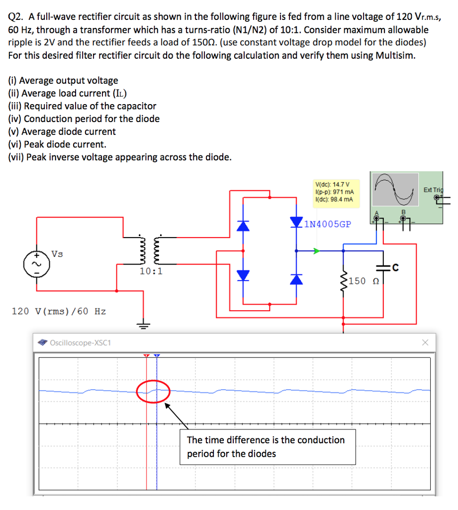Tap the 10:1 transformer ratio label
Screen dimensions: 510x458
click(x=151, y=271)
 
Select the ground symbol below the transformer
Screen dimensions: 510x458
click(x=143, y=327)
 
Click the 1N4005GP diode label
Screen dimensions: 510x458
click(x=327, y=224)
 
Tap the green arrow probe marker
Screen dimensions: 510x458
click(x=316, y=251)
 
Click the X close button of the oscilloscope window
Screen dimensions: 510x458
click(x=425, y=343)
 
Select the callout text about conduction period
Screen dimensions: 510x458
click(x=266, y=447)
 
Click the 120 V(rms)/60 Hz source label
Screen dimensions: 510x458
click(x=59, y=311)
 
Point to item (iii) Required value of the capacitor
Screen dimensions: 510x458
click(x=82, y=106)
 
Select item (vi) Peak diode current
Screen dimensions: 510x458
click(x=57, y=144)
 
